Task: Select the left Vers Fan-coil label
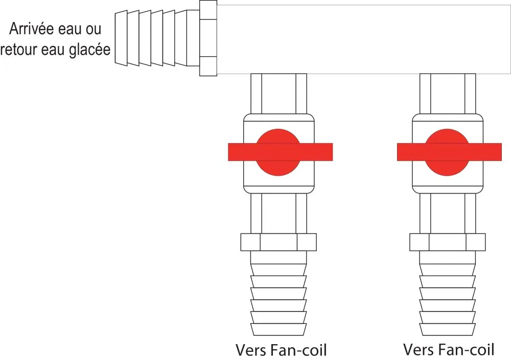[281, 350]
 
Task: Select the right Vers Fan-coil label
[449, 350]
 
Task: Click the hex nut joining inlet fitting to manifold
[208, 38]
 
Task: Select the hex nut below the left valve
[278, 242]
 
